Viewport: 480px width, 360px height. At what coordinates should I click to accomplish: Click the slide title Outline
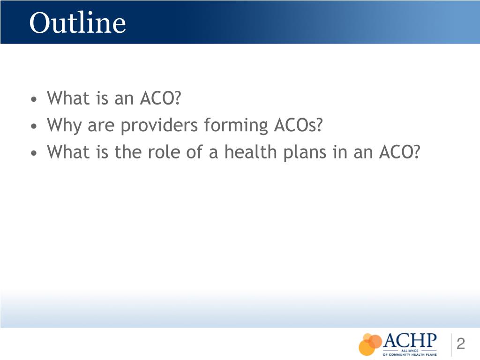click(77, 22)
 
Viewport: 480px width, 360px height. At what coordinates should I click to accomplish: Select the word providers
click(158, 126)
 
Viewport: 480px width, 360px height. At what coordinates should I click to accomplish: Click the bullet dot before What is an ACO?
click(34, 100)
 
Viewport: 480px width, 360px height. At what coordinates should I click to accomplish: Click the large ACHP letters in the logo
click(410, 340)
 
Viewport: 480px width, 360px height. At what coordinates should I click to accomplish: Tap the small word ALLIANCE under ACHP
click(410, 350)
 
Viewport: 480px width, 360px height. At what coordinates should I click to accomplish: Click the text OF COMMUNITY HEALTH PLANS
click(410, 355)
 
